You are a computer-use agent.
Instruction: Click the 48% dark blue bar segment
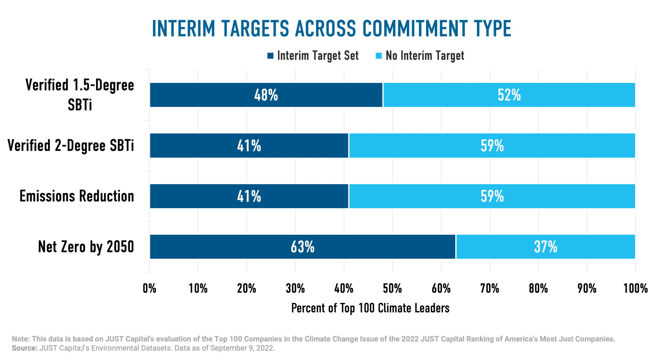(266, 95)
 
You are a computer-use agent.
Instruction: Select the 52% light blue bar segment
(509, 95)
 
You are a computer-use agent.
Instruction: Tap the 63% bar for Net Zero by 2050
(302, 246)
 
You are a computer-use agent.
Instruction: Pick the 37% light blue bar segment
(545, 246)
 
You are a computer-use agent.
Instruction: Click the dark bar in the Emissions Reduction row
(249, 196)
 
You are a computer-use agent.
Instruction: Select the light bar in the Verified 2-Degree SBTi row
(492, 146)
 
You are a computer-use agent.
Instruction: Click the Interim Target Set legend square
(270, 56)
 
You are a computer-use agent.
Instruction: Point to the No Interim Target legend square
(379, 56)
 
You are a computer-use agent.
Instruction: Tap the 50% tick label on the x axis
(392, 288)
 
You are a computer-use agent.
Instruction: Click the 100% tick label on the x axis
(635, 288)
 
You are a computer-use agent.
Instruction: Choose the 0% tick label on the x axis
(149, 288)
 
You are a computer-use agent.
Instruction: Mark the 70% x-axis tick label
(490, 288)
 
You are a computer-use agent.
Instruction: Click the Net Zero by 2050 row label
(86, 247)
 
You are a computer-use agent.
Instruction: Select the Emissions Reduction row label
(77, 196)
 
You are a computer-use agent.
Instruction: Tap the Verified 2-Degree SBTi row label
(71, 146)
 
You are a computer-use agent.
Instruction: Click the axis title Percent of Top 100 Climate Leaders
(370, 308)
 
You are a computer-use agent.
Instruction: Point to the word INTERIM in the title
(184, 29)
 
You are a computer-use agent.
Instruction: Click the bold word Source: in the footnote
(25, 348)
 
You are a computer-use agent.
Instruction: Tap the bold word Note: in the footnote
(21, 339)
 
